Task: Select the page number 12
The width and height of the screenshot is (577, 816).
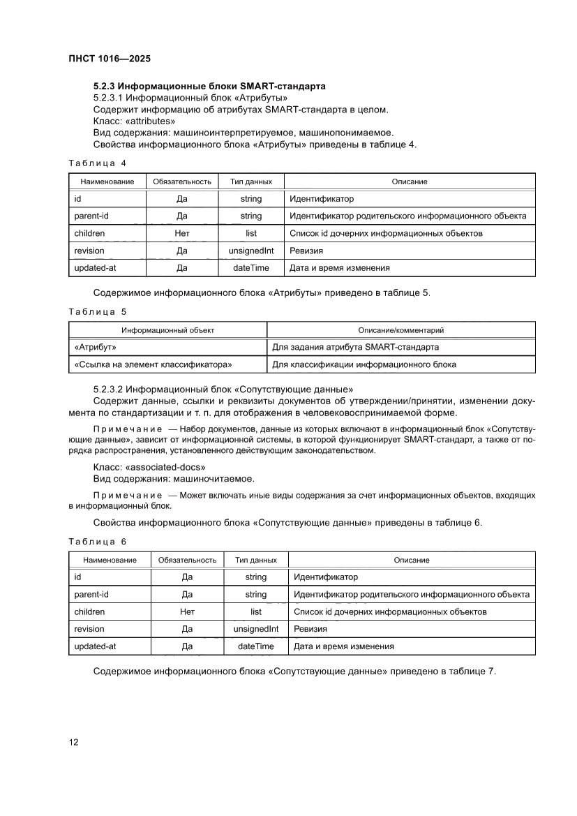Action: point(73,742)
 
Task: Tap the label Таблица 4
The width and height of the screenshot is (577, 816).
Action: point(97,163)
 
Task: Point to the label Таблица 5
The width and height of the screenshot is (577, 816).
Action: point(97,311)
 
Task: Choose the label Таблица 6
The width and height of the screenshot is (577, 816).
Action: point(97,542)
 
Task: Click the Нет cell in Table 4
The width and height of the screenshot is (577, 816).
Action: point(182,233)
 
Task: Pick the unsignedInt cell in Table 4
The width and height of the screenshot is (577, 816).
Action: point(250,251)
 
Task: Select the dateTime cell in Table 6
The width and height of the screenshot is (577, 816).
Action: point(255,646)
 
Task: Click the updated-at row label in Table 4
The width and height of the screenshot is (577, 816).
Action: point(94,267)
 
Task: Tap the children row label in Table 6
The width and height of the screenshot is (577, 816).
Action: point(89,612)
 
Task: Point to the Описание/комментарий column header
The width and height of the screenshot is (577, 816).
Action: point(400,330)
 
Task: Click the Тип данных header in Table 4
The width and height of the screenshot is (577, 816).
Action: point(250,181)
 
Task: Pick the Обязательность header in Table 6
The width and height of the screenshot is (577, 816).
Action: point(187,560)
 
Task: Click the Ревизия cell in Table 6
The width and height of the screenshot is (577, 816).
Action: point(310,629)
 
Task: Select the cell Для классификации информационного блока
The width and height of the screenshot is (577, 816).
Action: point(364,364)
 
